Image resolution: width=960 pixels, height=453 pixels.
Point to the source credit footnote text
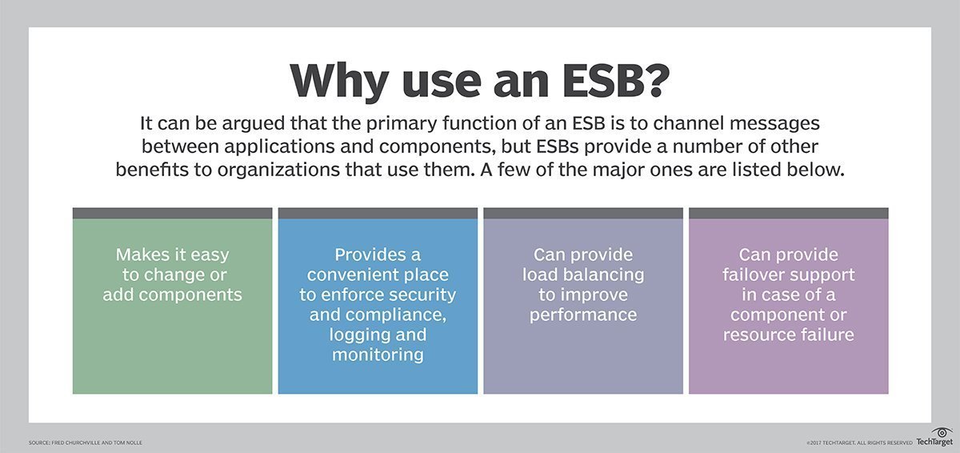(86, 443)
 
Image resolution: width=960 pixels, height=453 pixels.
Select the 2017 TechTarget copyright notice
(859, 443)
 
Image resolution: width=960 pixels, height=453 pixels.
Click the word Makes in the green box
(142, 255)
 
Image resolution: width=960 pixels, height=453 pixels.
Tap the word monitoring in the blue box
(378, 355)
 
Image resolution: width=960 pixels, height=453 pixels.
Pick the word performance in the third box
(583, 315)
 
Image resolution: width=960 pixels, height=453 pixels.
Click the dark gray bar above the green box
(172, 214)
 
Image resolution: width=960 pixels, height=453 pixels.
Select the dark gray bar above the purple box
(789, 214)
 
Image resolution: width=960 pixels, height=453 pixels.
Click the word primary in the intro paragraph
(401, 124)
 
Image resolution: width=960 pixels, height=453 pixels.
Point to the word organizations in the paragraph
(278, 170)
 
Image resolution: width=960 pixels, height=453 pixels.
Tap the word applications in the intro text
(279, 147)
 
